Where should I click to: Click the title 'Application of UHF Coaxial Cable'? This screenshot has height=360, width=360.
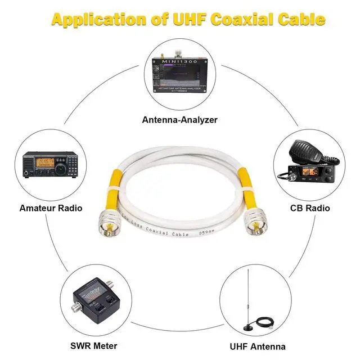point(188,19)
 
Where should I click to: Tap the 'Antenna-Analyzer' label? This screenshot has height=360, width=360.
point(179,120)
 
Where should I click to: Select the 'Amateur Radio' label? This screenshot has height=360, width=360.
point(51,208)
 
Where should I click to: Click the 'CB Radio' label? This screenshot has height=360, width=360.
point(309,208)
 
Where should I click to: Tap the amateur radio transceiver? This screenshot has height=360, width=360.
point(49,166)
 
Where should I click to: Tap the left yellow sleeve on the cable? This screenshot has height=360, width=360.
point(113,188)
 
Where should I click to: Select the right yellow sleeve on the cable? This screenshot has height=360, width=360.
point(245,185)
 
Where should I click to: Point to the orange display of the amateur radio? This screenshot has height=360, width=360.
point(44,163)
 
